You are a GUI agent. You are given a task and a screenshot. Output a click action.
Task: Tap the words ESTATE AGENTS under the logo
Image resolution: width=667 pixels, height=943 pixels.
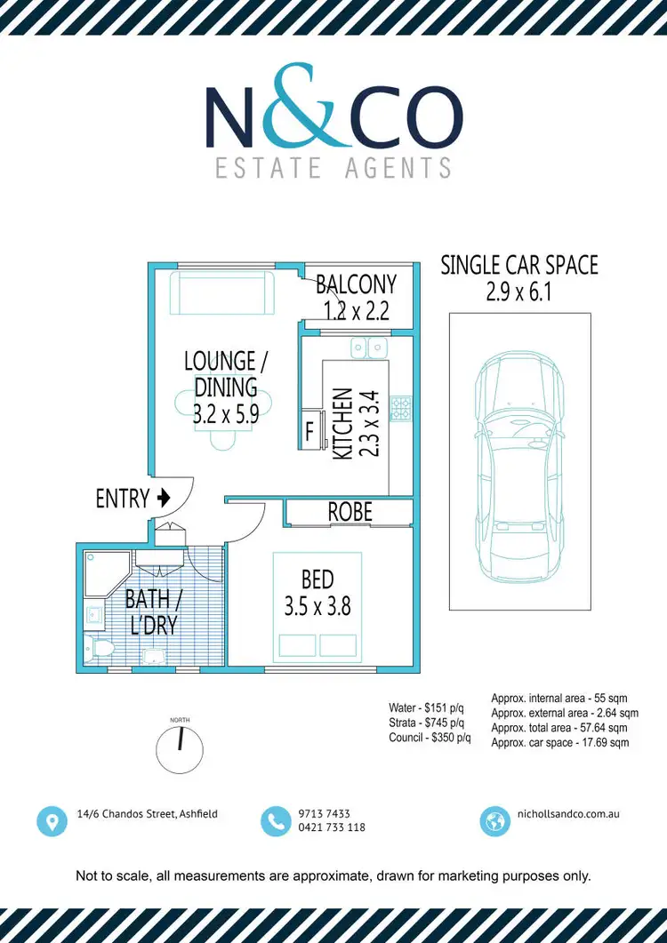(x=333, y=166)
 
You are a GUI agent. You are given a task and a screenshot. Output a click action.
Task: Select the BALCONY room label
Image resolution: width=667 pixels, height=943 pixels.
(x=357, y=284)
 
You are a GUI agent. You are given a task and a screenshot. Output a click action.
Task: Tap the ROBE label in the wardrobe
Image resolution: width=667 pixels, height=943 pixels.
(x=350, y=513)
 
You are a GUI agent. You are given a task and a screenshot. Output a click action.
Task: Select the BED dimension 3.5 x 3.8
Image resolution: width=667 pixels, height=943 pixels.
(x=317, y=607)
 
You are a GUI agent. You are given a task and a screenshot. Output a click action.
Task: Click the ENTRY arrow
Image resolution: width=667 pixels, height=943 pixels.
(x=163, y=499)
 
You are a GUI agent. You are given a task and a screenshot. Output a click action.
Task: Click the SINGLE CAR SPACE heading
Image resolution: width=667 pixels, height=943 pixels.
(x=519, y=265)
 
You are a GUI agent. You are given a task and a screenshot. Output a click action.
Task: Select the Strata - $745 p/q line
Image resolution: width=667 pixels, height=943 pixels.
(x=429, y=723)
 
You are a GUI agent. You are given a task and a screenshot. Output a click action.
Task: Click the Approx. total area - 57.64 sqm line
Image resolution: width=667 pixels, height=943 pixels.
(x=564, y=727)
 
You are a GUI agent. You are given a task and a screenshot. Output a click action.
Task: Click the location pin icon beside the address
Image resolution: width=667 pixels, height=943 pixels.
(x=52, y=820)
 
